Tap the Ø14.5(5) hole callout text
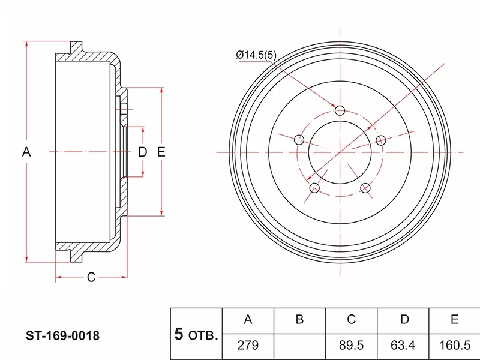point(256,55)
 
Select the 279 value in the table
point(248,346)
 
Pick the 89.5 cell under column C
point(352,346)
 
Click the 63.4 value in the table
point(403,346)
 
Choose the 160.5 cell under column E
point(454,346)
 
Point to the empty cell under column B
point(299,346)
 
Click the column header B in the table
point(299,320)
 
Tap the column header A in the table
point(248,320)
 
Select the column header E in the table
point(454,320)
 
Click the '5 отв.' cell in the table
point(196,334)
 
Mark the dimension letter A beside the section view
point(26,152)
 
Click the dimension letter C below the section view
point(91,277)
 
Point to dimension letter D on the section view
point(142,152)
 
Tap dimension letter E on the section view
point(161,152)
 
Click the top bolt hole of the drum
point(340,110)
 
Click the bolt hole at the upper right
point(380,140)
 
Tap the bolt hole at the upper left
point(299,140)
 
